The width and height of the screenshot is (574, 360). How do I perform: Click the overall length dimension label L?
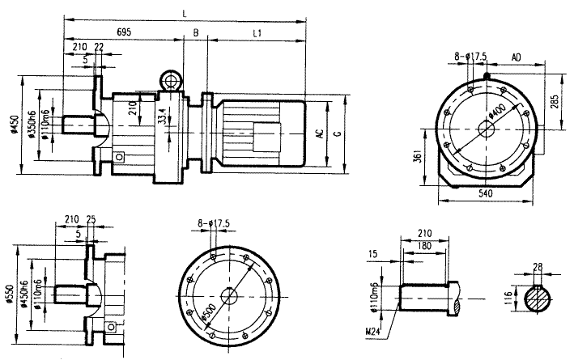coord(185,13)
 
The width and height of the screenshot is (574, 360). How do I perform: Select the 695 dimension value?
coord(124,32)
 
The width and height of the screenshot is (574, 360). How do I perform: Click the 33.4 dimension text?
coord(162,116)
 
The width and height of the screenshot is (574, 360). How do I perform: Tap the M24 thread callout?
coord(372,330)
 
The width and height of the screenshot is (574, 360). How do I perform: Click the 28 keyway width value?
coord(538,266)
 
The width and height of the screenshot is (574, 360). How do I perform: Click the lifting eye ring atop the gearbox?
coord(172,80)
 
